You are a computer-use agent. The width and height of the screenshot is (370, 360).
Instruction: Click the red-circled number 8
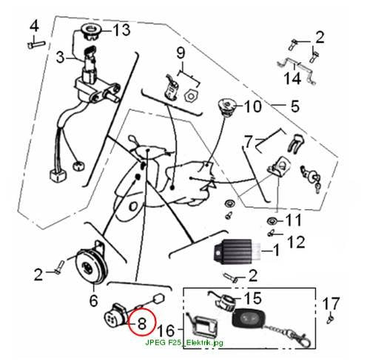click(142, 323)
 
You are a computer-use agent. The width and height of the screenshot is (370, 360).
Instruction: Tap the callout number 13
click(121, 30)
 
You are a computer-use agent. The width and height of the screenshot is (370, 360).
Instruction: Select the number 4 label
click(34, 26)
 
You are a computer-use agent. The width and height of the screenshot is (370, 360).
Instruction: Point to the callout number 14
click(292, 78)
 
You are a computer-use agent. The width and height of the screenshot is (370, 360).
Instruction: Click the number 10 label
click(252, 106)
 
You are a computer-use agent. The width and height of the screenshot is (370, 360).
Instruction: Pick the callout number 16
click(166, 330)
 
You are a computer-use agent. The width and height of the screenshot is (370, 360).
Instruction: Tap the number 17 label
click(332, 304)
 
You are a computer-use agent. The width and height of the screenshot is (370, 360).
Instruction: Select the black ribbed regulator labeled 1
click(235, 251)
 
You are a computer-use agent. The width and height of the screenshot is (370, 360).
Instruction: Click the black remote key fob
click(247, 318)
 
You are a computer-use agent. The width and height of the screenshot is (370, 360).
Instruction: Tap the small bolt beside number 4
click(36, 45)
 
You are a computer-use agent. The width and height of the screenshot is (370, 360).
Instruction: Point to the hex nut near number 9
click(191, 95)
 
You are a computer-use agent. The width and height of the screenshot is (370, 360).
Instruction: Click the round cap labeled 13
click(91, 32)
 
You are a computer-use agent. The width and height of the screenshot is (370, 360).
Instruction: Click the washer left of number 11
click(272, 221)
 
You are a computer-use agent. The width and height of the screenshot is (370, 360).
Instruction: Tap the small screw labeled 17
click(330, 319)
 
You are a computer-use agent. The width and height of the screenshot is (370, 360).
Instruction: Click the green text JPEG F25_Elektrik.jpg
click(184, 342)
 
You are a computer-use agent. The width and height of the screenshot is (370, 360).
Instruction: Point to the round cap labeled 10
click(227, 107)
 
